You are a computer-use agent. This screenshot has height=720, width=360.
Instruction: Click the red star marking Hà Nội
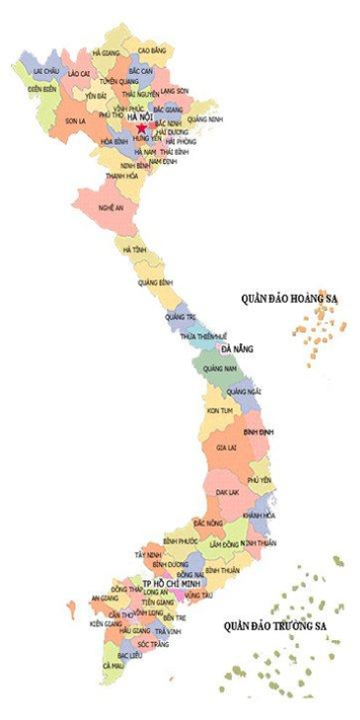point(142,128)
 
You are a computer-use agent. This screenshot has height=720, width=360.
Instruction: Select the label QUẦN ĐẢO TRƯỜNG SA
point(274,625)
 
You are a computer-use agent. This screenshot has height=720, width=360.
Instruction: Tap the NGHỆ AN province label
point(111,208)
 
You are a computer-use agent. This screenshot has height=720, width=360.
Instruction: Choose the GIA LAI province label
point(226,448)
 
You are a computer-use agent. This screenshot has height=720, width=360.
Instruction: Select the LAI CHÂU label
point(45,72)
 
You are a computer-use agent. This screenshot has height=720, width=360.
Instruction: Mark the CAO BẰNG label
point(151,49)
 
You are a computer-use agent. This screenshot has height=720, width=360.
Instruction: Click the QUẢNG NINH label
point(205,119)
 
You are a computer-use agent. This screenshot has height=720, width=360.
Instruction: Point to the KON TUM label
point(219,409)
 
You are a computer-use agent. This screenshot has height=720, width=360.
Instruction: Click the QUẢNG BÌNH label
point(157,282)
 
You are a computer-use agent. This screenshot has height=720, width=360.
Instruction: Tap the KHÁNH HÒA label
point(259,515)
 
